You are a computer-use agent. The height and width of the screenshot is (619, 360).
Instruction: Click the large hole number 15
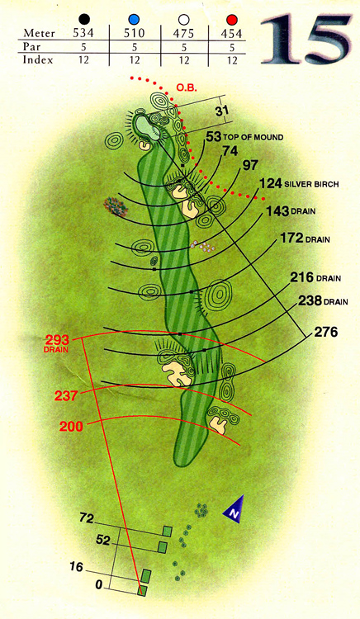pyautogui.click(x=306, y=39)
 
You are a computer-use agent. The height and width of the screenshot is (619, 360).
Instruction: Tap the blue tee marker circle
pyautogui.click(x=135, y=19)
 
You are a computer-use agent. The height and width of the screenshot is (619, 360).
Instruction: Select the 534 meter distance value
pyautogui.click(x=83, y=33)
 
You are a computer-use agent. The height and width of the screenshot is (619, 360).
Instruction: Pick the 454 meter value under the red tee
pyautogui.click(x=231, y=34)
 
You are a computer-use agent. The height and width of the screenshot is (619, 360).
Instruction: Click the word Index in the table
pyautogui.click(x=38, y=60)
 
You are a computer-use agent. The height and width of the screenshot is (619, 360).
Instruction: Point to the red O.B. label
pyautogui.click(x=187, y=87)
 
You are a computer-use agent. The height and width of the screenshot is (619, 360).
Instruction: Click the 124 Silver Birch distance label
pyautogui.click(x=299, y=183)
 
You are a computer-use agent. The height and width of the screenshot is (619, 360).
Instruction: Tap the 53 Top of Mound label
pyautogui.click(x=244, y=137)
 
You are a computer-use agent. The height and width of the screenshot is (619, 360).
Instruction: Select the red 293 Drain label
pyautogui.click(x=57, y=343)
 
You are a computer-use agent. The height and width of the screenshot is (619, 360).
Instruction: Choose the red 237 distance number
pyautogui.click(x=66, y=395)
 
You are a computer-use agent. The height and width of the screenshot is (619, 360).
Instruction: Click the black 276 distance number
pyautogui.click(x=326, y=333)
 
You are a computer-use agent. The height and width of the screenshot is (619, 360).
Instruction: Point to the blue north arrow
pyautogui.click(x=234, y=509)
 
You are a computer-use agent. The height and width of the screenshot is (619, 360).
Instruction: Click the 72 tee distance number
pyautogui.click(x=87, y=517)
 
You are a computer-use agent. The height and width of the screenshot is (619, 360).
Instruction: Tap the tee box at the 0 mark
pyautogui.click(x=143, y=591)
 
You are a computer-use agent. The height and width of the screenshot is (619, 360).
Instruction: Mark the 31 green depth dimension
pyautogui.click(x=222, y=111)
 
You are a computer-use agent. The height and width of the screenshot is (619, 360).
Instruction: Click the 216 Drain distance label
pyautogui.click(x=315, y=277)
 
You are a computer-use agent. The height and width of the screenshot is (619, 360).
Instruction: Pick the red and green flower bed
pyautogui.click(x=116, y=207)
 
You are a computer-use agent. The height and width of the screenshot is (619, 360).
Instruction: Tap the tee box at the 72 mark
pyautogui.click(x=168, y=532)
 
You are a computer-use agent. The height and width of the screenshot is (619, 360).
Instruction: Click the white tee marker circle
pyautogui.click(x=183, y=20)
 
